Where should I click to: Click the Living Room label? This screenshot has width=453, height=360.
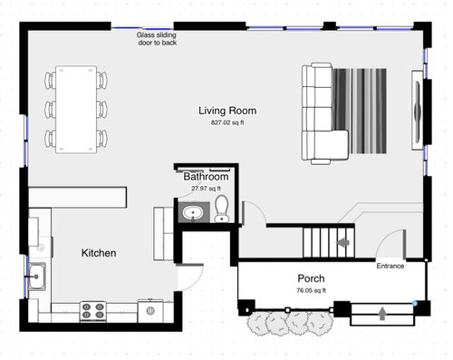227,111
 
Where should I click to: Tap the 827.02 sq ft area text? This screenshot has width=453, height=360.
227,122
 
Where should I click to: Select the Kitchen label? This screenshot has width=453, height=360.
99,253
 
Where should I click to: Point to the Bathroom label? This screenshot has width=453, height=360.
206,177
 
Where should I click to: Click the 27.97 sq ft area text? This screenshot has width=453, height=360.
206,189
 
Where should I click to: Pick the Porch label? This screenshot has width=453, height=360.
311,278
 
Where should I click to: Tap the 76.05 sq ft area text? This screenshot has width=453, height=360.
311,290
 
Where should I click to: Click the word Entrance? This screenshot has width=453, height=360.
390,266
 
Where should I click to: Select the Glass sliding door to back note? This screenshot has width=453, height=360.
157,39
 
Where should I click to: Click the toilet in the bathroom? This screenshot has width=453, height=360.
222,209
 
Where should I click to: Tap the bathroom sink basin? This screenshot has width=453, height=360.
193,213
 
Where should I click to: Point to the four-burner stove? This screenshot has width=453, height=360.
93,311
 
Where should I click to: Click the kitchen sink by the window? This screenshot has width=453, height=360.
37,277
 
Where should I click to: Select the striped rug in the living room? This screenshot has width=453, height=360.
360,112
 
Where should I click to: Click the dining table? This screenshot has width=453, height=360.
76,109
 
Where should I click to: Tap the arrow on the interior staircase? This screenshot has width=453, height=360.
343,242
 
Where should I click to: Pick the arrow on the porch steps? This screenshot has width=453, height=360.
382,313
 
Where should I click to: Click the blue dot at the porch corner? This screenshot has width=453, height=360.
415,303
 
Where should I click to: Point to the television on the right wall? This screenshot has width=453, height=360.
418,111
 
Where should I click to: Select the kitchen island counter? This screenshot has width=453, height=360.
77,197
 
